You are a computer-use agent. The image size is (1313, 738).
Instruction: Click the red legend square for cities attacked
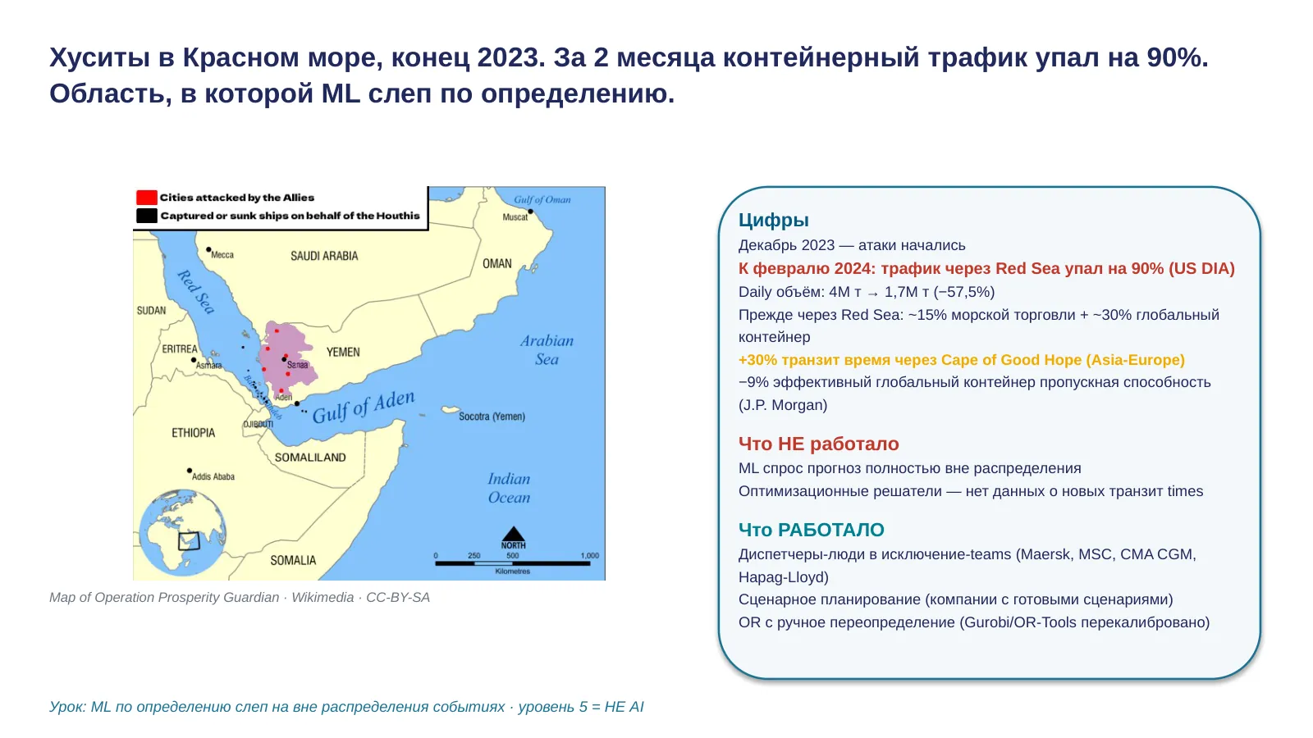click(x=147, y=198)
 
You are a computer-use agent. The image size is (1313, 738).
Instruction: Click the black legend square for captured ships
click(x=147, y=216)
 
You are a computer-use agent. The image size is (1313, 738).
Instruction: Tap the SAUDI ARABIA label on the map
click(x=324, y=256)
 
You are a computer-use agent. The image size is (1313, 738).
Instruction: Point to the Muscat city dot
click(x=530, y=212)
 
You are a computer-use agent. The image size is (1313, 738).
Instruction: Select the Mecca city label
click(x=222, y=255)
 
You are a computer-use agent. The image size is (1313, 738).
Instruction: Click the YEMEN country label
click(x=343, y=352)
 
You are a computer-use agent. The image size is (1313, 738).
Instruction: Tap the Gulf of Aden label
click(x=364, y=407)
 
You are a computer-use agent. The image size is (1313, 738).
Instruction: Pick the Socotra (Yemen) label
click(x=492, y=417)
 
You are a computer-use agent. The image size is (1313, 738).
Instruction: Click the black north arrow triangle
click(x=514, y=534)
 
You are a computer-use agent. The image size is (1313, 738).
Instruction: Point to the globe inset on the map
click(x=183, y=532)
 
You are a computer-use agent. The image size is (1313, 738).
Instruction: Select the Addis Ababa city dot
click(x=190, y=471)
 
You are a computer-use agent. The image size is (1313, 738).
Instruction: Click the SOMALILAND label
click(x=310, y=458)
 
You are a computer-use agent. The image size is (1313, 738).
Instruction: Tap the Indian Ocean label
click(x=509, y=488)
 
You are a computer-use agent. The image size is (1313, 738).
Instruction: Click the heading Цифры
click(x=773, y=220)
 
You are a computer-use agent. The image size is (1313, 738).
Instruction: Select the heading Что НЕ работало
click(x=818, y=444)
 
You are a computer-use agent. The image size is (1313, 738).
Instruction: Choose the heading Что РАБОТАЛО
click(x=812, y=530)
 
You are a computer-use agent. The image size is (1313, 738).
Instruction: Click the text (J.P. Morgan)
click(x=783, y=405)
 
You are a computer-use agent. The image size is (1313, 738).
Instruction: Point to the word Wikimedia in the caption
click(x=323, y=598)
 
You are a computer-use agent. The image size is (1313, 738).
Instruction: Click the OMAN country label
click(x=497, y=263)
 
